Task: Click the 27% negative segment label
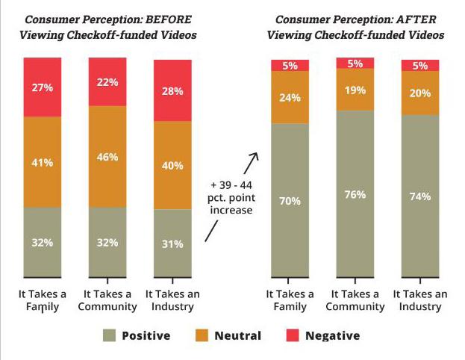click(x=42, y=88)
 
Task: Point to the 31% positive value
click(x=172, y=244)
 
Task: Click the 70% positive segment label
click(x=290, y=201)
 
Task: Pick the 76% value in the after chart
click(x=355, y=195)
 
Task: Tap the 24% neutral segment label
click(x=290, y=97)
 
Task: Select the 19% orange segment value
click(x=355, y=90)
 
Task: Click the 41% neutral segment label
click(x=42, y=162)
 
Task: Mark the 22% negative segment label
click(x=107, y=82)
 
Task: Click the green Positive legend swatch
click(x=109, y=336)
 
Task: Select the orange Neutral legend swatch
click(x=201, y=336)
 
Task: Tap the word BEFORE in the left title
click(x=172, y=18)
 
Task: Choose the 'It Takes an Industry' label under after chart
click(x=419, y=300)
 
